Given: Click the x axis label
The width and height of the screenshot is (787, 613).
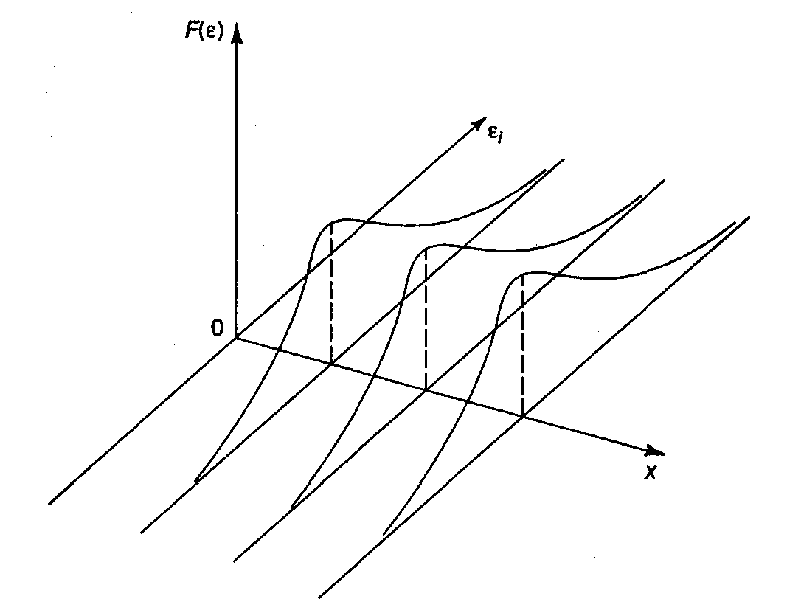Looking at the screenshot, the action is coord(650,473).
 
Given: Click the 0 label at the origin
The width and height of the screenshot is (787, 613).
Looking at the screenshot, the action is coord(217,328).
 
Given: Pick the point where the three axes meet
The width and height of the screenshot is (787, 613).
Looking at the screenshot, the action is coord(237,338).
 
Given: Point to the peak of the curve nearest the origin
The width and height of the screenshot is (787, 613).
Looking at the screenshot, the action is coord(336,220).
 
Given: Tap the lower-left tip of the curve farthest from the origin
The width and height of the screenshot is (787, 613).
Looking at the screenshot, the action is coord(385,533).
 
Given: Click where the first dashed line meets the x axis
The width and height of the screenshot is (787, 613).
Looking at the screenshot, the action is coord(330,364).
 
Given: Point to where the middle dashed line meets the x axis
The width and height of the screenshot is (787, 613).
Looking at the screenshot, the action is coord(426,389).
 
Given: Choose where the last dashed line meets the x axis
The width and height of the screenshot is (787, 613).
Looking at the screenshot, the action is coord(522,416).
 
